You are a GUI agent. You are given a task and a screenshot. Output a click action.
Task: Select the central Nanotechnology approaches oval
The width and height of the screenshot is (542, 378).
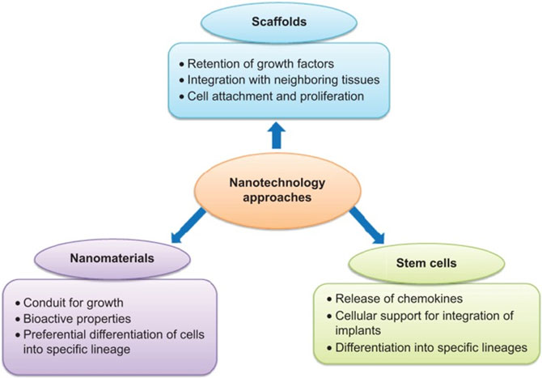(x=272, y=188)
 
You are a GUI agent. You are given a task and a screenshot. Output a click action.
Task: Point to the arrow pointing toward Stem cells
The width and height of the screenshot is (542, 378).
(x=364, y=227)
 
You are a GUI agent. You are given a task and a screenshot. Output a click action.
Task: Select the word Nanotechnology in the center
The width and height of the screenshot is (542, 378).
(x=272, y=180)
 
